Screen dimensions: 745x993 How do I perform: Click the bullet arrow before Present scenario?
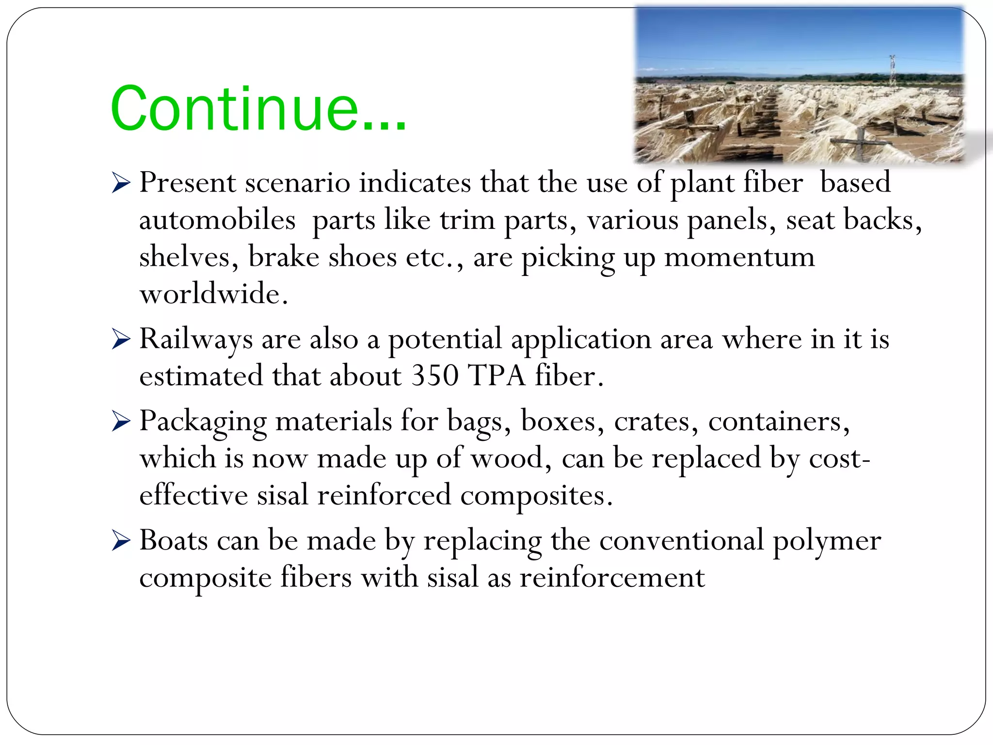coord(121,183)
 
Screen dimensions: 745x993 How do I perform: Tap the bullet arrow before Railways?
coord(121,339)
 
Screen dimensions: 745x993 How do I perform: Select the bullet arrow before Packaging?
coord(121,421)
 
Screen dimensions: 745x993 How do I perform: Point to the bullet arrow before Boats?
coord(121,540)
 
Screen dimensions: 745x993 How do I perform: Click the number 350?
coord(434,376)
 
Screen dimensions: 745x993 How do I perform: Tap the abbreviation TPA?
coord(496,376)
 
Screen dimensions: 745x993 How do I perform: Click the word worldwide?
coord(213,294)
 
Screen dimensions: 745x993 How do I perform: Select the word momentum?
coord(739,257)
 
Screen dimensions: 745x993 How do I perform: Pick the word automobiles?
coord(217,220)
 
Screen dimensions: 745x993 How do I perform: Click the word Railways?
coord(196,339)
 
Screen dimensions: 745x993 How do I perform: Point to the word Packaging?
coord(203,421)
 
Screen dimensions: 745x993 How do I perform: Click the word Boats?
coord(174,540)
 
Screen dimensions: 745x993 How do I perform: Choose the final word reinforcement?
coord(612,578)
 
